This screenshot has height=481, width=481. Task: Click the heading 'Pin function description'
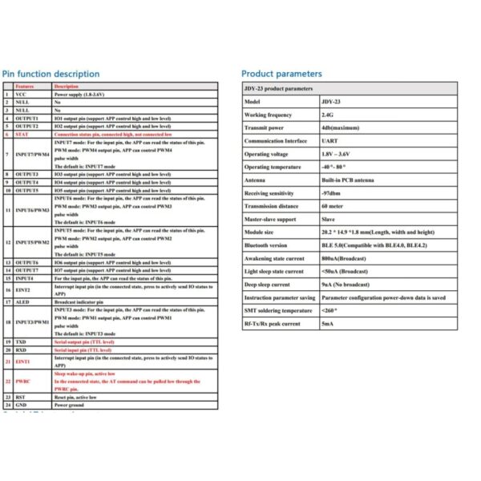point(51,74)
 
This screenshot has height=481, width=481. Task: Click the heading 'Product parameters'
point(281,74)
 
